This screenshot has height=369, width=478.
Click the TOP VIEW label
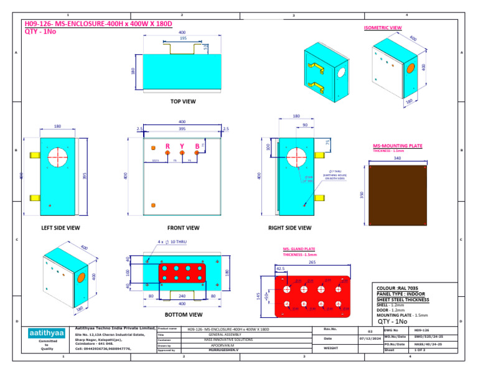183,101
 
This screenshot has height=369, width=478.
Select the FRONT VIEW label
183,228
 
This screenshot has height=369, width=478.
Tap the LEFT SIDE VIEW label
60,228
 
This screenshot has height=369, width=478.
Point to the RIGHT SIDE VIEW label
289,228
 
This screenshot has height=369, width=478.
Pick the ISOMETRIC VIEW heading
382,28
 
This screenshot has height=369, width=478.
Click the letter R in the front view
167,147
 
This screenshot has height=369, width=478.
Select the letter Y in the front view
182,147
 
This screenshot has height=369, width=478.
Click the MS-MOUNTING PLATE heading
397,146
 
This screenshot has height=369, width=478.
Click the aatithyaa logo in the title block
47,334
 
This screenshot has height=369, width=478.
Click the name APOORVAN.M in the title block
222,345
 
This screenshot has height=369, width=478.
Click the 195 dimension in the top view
183,38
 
